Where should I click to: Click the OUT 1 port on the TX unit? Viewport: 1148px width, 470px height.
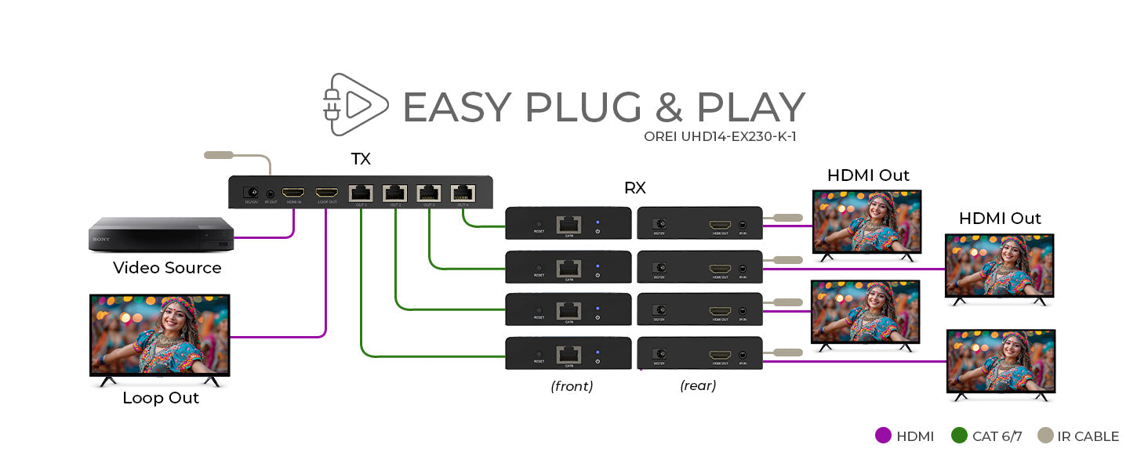(x=361, y=193)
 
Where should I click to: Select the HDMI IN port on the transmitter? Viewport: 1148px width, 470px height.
(x=294, y=193)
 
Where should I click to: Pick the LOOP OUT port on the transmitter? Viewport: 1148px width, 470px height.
(x=326, y=193)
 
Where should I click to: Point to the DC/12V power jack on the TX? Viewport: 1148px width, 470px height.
(x=252, y=192)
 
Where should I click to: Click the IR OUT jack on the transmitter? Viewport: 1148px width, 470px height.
(x=271, y=193)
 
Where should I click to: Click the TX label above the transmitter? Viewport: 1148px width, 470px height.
(x=361, y=160)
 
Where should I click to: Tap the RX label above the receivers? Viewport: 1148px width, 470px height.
(x=634, y=188)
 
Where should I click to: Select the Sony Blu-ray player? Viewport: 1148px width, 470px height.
(x=161, y=235)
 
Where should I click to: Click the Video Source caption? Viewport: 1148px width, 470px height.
(x=167, y=268)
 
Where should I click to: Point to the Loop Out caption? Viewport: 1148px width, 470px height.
(x=161, y=398)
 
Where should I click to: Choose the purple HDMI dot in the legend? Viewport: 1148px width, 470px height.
(x=884, y=436)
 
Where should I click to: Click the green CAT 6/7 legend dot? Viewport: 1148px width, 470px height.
(x=959, y=436)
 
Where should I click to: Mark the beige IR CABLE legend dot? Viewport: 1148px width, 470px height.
(x=1045, y=436)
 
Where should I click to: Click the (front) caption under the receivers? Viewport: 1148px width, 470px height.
(x=572, y=385)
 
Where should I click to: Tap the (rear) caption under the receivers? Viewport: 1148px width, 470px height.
(x=698, y=385)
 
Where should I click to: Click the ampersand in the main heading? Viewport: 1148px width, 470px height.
(x=668, y=107)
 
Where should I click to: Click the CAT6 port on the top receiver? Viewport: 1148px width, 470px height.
(x=568, y=224)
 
